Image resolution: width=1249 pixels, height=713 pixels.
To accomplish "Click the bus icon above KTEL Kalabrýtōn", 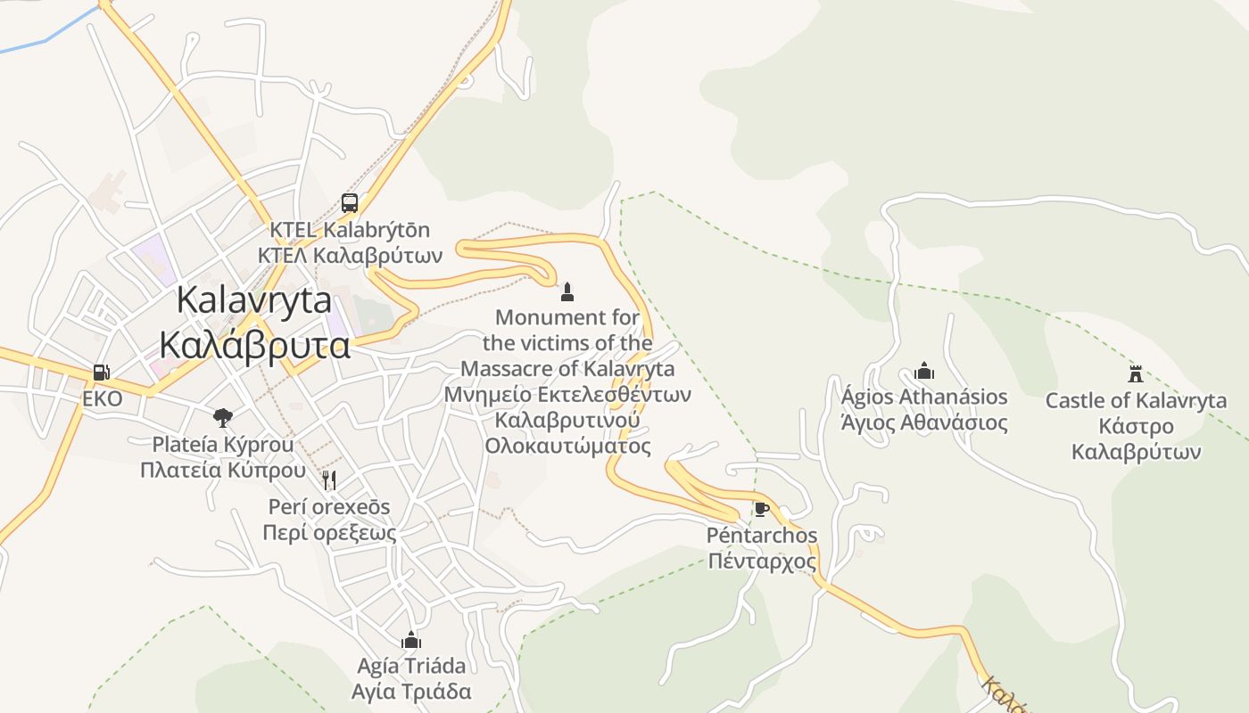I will pos(350,202).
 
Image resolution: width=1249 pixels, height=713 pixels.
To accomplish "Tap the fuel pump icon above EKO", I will pos(102,373).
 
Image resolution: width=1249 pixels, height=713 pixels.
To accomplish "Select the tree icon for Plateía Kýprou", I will pos(222,417).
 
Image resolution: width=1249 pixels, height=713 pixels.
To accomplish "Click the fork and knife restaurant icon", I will pos(329,480).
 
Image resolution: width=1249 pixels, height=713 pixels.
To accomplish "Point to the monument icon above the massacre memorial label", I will pos(567,291).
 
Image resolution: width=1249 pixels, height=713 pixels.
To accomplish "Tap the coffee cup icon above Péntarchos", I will pos(761,509).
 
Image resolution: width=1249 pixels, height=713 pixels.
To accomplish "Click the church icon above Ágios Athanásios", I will pos(924,371).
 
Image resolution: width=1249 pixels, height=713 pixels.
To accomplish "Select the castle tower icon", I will pos(1136,374).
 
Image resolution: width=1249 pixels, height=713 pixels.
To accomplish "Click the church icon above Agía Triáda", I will pos(411,640).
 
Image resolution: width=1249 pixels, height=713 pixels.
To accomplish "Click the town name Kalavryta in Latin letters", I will pos(254,299).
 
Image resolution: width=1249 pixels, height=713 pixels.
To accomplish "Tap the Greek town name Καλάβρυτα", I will pos(254,344).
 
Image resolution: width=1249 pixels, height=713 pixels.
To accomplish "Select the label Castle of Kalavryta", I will pos(1136,401).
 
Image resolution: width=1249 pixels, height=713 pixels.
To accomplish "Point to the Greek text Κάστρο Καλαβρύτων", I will pos(1136,438).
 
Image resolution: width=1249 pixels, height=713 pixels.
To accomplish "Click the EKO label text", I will pos(102,398).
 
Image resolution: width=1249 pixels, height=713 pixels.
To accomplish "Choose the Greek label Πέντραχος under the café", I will pos(761,561).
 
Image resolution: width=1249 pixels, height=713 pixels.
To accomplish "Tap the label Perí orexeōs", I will pos(329,506).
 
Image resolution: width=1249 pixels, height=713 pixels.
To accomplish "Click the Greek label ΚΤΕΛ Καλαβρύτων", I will pos(350,256).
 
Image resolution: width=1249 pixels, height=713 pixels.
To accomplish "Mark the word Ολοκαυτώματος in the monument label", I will pos(567,446).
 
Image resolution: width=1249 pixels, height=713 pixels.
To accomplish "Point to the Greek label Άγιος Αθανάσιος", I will pos(924,422).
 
